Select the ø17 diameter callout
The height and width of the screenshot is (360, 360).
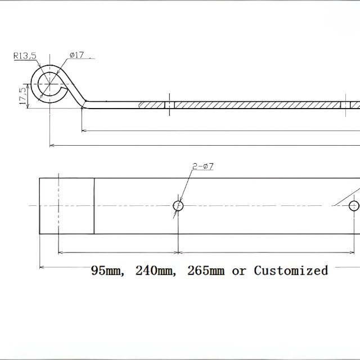[x=77, y=55]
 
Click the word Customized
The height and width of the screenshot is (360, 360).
[x=291, y=271]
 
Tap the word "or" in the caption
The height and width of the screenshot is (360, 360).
[x=239, y=271]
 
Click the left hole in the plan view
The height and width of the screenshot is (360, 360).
[x=178, y=206]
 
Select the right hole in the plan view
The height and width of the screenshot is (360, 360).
[x=354, y=206]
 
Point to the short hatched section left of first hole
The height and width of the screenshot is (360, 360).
[x=152, y=105]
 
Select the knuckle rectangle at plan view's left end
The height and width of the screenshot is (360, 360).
[x=66, y=205]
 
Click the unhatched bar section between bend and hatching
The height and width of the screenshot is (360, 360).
[x=112, y=105]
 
